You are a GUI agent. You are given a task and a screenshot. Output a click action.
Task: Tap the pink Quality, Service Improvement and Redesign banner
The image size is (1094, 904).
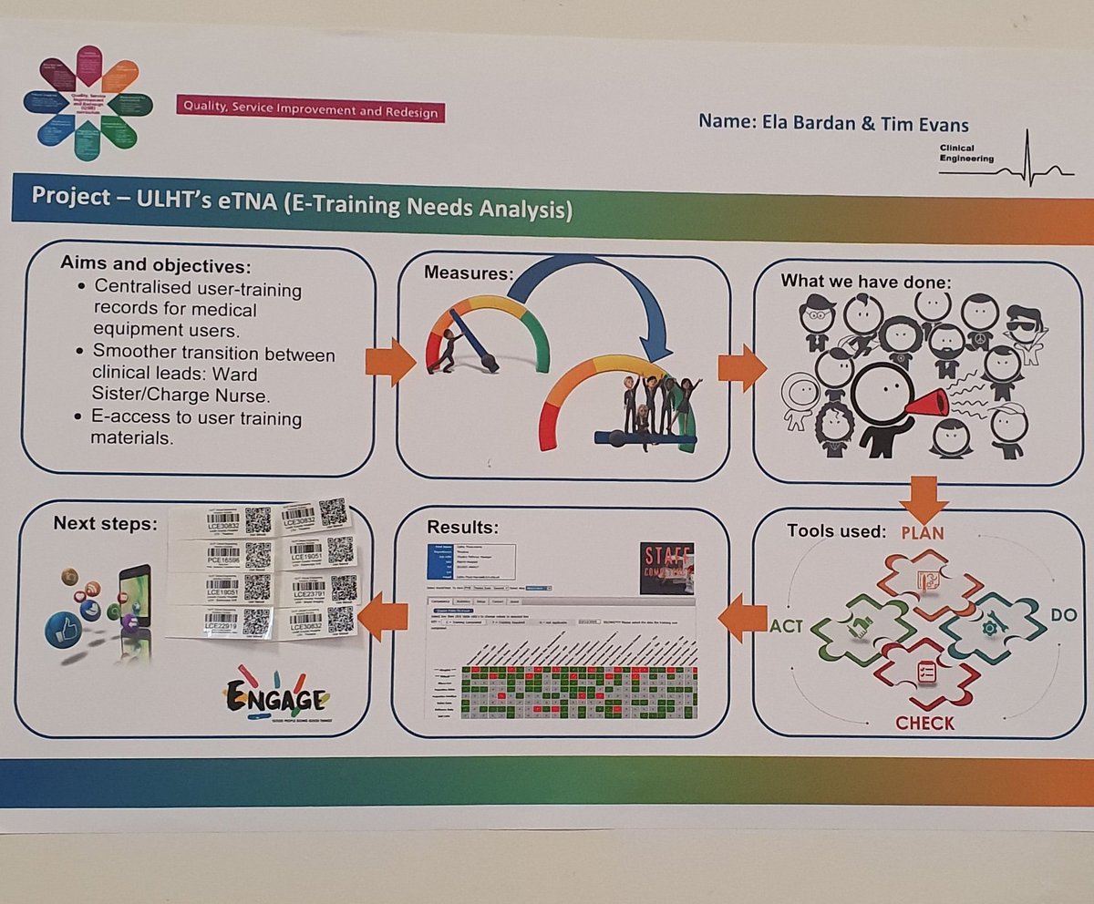click(310, 108)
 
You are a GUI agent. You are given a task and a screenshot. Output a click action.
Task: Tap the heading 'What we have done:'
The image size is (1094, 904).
click(865, 282)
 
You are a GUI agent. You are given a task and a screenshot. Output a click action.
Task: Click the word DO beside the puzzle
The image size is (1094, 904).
click(1063, 615)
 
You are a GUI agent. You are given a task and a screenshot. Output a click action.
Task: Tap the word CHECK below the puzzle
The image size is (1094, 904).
click(924, 723)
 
